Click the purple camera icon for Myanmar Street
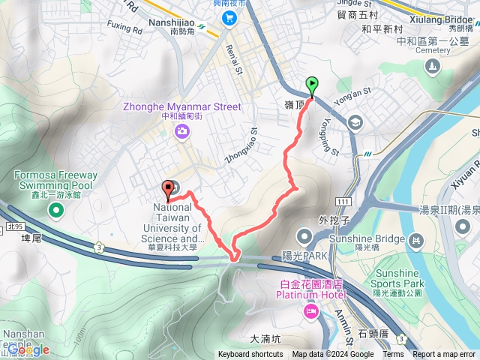pos(181,133)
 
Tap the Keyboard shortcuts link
pos(250,355)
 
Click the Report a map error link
pos(444,355)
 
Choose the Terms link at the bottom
pos(393,355)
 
